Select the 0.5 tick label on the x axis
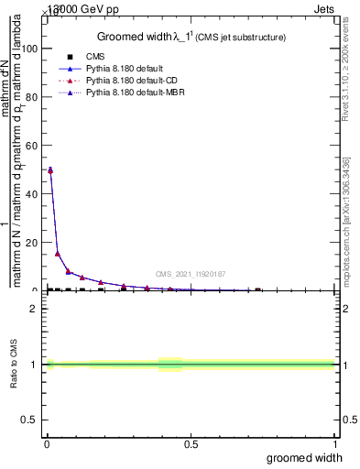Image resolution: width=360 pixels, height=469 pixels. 191,444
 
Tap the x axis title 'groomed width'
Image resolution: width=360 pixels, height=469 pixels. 312,457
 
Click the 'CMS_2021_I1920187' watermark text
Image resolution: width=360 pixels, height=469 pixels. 190,274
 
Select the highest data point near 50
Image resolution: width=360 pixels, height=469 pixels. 49,169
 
